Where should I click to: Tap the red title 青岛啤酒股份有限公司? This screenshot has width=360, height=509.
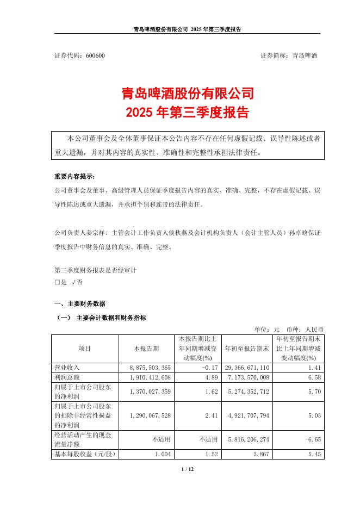tap(179, 94)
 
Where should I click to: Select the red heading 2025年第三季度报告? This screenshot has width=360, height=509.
tap(179, 113)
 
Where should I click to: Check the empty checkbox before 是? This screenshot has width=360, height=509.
tap(57, 283)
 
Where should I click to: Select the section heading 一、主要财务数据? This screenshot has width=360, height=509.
tap(80, 303)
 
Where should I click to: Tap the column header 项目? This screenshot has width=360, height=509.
tap(85, 349)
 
